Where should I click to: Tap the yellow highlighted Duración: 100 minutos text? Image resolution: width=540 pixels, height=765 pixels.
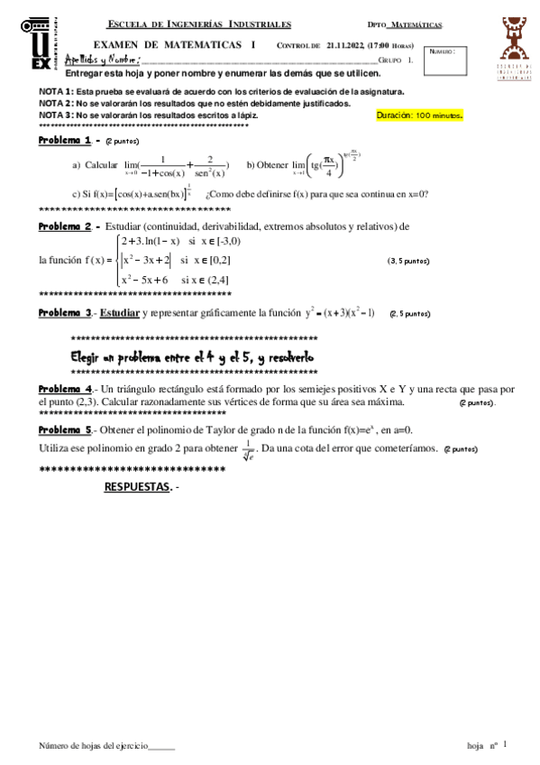(x=419, y=116)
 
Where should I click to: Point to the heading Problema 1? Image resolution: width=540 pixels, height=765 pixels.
(x=65, y=141)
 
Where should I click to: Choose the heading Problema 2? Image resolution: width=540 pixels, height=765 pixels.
(x=65, y=226)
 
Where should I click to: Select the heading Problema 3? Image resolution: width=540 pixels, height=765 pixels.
(x=65, y=313)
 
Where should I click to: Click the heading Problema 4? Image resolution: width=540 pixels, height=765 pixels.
(x=65, y=389)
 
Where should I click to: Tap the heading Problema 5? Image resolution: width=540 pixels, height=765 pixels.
(x=65, y=430)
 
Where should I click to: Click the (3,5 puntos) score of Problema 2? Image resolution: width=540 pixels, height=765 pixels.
(x=408, y=261)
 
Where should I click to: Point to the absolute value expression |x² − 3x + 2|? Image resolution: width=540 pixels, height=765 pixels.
(x=145, y=260)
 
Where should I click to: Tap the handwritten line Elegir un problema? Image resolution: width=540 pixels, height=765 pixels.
(x=192, y=356)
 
